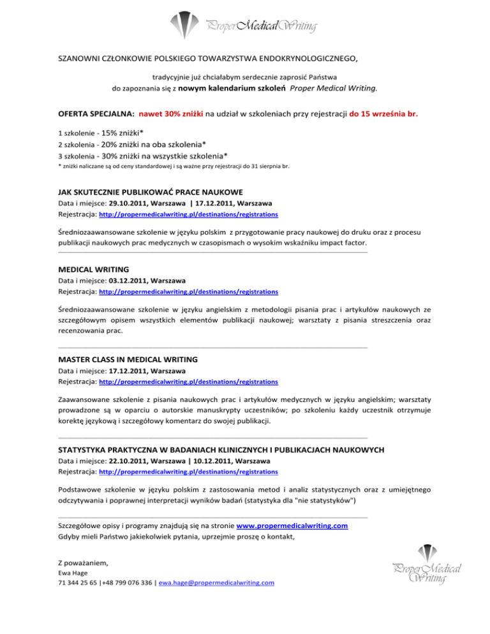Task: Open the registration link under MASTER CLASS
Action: pos(188,382)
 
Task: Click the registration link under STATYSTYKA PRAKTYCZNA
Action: pos(188,472)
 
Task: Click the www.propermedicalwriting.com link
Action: pos(292,526)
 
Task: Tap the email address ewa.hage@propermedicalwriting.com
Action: pos(216,583)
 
